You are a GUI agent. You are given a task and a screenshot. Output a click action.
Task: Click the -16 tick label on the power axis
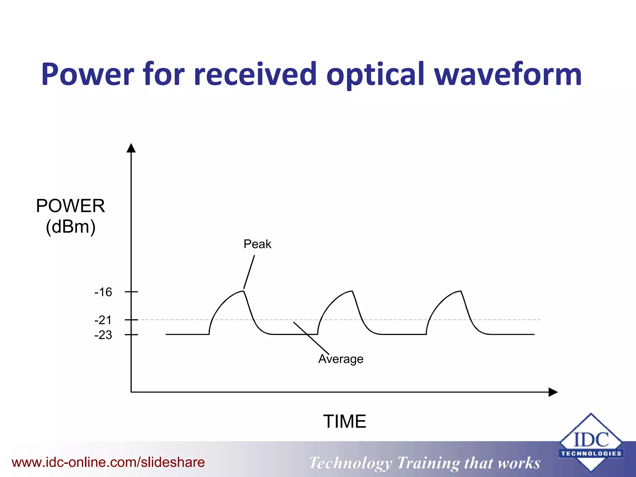click(x=103, y=292)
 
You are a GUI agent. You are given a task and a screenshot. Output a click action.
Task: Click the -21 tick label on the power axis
click(x=103, y=320)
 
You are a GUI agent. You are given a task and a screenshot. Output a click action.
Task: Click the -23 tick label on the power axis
click(x=103, y=335)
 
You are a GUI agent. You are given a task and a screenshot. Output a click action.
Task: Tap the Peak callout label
click(x=257, y=244)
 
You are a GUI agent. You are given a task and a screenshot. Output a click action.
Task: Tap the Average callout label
click(x=341, y=359)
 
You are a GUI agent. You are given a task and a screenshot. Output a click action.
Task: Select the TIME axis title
click(x=344, y=421)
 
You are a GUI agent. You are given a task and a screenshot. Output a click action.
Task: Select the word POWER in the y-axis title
click(x=70, y=206)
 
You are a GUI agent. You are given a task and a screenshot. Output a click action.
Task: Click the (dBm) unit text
click(x=70, y=227)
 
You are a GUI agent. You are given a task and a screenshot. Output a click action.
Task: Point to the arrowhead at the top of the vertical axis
click(x=131, y=148)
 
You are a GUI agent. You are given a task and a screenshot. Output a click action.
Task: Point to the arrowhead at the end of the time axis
click(x=553, y=392)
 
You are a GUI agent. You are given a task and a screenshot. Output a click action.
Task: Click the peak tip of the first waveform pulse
click(x=243, y=291)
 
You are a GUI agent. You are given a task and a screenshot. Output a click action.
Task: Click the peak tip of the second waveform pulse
click(x=352, y=291)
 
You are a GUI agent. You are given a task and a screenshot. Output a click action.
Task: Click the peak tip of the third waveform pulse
click(x=461, y=291)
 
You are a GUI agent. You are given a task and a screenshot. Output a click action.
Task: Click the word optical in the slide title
click(x=375, y=75)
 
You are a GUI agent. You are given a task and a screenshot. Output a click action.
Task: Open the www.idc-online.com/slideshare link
click(x=108, y=462)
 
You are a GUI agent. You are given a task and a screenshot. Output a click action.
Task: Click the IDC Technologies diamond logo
click(x=591, y=443)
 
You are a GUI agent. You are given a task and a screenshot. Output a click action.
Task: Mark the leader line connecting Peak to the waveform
click(x=249, y=272)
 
